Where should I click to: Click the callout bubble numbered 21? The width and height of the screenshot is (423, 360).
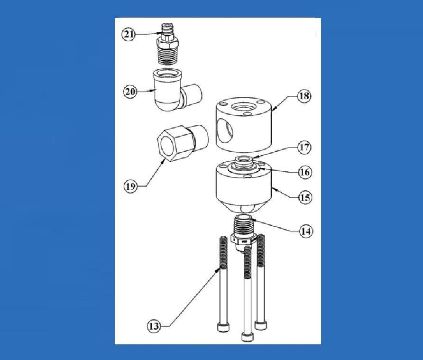[129, 34]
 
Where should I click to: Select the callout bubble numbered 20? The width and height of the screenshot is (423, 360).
[130, 92]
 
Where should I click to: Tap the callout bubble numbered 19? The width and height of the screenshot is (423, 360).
[130, 186]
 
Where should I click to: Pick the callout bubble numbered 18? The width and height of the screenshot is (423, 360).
[304, 96]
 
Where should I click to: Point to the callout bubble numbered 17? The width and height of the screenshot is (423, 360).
[304, 147]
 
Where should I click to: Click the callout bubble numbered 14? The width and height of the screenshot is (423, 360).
[305, 231]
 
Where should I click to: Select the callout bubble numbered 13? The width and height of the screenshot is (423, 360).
[154, 326]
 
